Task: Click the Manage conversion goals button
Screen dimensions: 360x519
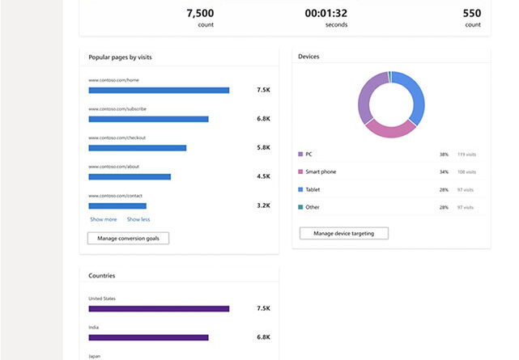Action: point(128,238)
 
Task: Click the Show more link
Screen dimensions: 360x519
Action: point(103,219)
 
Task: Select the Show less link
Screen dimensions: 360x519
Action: point(138,219)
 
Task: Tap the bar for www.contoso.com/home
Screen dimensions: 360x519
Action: point(159,90)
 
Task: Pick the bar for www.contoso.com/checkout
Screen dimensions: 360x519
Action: point(137,148)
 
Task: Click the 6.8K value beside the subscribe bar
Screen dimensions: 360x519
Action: point(263,119)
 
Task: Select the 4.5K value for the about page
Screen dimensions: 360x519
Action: point(263,176)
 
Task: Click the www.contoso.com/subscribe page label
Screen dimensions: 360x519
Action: point(117,108)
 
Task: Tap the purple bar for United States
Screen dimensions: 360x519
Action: point(159,308)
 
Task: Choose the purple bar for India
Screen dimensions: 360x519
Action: point(148,337)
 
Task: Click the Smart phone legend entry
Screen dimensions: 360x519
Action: point(321,172)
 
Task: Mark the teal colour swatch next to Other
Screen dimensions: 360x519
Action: point(300,207)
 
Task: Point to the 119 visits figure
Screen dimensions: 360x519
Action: point(466,154)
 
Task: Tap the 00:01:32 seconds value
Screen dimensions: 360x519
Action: point(325,13)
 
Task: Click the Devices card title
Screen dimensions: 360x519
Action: point(308,57)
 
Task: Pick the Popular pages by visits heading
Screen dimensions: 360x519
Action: point(120,57)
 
